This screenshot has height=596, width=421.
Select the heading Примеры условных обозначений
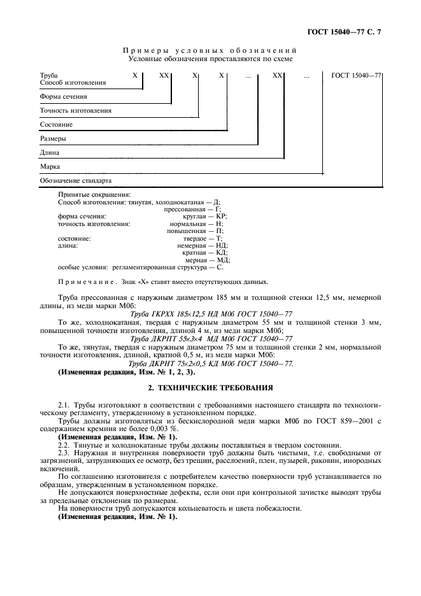(210, 50)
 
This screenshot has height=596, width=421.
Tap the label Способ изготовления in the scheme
(73, 83)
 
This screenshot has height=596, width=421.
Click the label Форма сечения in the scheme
(63, 97)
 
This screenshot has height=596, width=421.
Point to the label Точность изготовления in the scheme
(75, 111)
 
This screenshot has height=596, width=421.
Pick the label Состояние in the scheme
(56, 125)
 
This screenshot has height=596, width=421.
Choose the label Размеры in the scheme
(54, 138)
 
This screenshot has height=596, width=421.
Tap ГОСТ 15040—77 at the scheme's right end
(356, 75)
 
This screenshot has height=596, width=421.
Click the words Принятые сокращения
(94, 194)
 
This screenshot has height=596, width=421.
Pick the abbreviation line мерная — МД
(207, 260)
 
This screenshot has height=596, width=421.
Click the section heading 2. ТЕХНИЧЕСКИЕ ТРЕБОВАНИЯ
(210, 387)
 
